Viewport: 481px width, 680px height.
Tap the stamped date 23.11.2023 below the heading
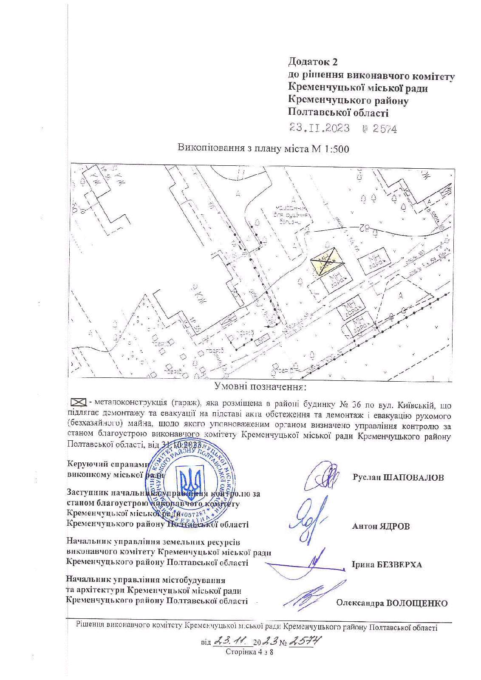pos(320,128)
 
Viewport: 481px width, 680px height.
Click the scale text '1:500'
pos(337,149)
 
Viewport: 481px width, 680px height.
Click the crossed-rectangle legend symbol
pos(78,402)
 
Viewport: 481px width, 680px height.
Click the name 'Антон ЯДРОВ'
pos(381,526)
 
